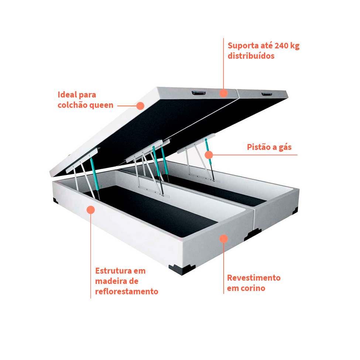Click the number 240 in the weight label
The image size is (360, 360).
click(x=281, y=46)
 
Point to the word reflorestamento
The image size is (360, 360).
click(x=127, y=291)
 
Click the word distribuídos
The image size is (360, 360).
click(x=251, y=56)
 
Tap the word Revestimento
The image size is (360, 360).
click(x=254, y=278)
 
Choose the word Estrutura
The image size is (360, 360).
click(x=113, y=271)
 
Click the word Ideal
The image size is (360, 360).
click(x=67, y=95)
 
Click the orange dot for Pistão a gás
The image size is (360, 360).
click(x=209, y=155)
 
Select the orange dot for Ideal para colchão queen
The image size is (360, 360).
click(x=140, y=106)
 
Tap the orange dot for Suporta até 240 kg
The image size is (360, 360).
click(x=223, y=93)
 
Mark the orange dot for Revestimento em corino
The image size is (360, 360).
click(x=224, y=239)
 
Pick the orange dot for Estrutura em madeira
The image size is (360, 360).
click(x=91, y=210)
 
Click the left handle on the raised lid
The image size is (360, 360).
click(x=199, y=93)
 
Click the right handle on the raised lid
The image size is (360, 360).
click(x=267, y=94)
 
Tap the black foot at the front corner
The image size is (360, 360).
click(x=181, y=270)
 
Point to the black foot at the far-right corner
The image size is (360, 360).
click(x=295, y=211)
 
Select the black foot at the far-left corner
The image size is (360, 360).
click(x=55, y=200)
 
